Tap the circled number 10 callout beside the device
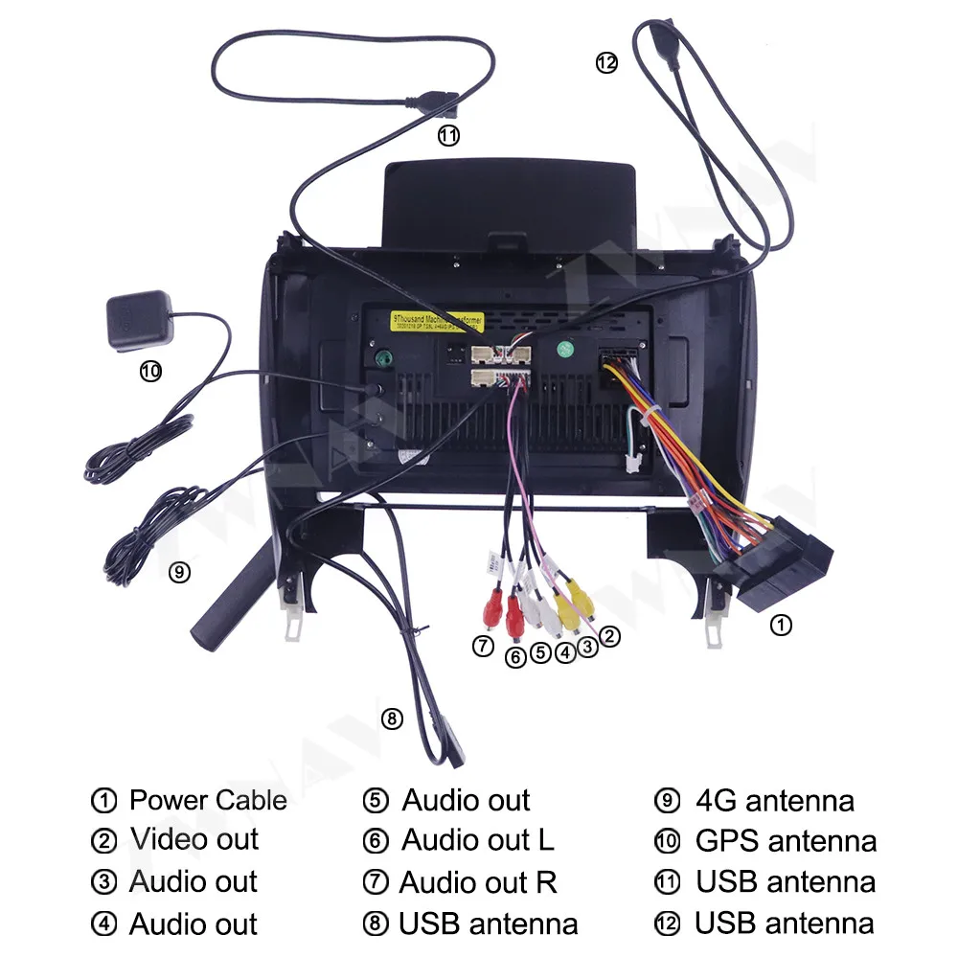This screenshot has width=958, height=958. pyautogui.click(x=151, y=372)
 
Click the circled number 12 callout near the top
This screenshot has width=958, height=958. pyautogui.click(x=606, y=62)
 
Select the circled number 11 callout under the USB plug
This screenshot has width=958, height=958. pyautogui.click(x=448, y=136)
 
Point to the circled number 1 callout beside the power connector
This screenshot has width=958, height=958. pyautogui.click(x=782, y=626)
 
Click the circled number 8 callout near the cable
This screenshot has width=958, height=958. pyautogui.click(x=392, y=718)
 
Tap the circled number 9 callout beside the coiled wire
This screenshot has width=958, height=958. pyautogui.click(x=178, y=573)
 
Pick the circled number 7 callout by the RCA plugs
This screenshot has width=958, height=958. pyautogui.click(x=484, y=647)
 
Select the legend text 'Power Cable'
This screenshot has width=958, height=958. pyautogui.click(x=208, y=800)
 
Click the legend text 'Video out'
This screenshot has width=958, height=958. pyautogui.click(x=194, y=840)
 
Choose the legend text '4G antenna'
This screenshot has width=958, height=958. pyautogui.click(x=775, y=800)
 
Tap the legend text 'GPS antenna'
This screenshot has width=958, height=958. pyautogui.click(x=786, y=841)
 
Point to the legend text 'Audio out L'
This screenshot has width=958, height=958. pyautogui.click(x=477, y=840)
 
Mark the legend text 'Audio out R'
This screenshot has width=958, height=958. pyautogui.click(x=478, y=881)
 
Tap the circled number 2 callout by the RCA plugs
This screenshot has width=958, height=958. pyautogui.click(x=608, y=635)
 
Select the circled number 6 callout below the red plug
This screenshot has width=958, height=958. pyautogui.click(x=515, y=657)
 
